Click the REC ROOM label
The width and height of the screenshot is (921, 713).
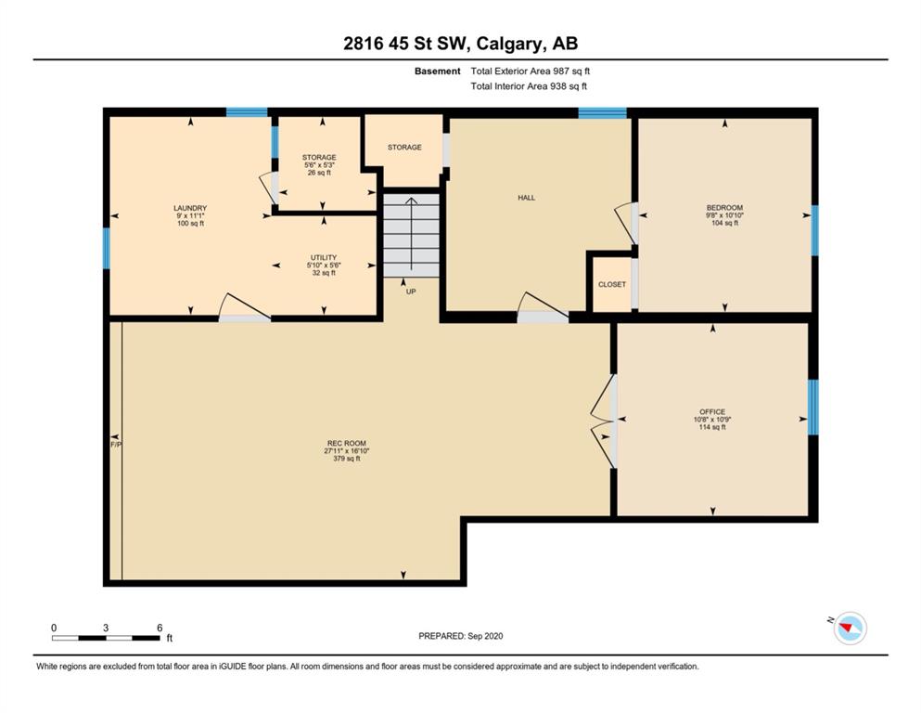coord(347,443)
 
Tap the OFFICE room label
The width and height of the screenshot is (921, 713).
coord(712,411)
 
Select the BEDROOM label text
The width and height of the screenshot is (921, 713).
coord(724,207)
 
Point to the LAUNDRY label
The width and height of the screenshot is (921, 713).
coord(190,208)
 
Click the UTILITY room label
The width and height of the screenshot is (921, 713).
coord(324,257)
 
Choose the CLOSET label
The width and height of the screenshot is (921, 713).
coord(612,284)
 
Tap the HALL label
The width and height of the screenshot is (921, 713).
coord(526,198)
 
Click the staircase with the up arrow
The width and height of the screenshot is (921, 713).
coord(411,235)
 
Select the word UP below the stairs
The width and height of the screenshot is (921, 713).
coord(411,292)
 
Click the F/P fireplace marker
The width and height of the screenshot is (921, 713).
coord(116,445)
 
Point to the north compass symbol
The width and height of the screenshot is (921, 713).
coord(850,628)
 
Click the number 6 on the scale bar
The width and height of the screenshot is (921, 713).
coord(160,628)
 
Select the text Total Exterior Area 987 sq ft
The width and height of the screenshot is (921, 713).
coord(530,71)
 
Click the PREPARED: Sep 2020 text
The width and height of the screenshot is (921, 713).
coord(460,636)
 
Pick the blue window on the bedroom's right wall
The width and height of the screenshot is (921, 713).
coord(814,230)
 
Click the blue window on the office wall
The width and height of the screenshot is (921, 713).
coord(812,407)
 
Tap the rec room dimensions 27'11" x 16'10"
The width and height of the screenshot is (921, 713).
coord(347,451)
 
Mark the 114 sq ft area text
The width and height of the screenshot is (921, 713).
coord(712,427)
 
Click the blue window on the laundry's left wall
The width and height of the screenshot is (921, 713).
coord(107,248)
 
